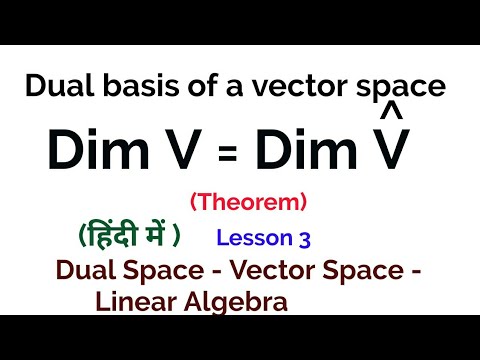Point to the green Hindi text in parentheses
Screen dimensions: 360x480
point(128,237)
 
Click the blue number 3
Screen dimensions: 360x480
point(304,239)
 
